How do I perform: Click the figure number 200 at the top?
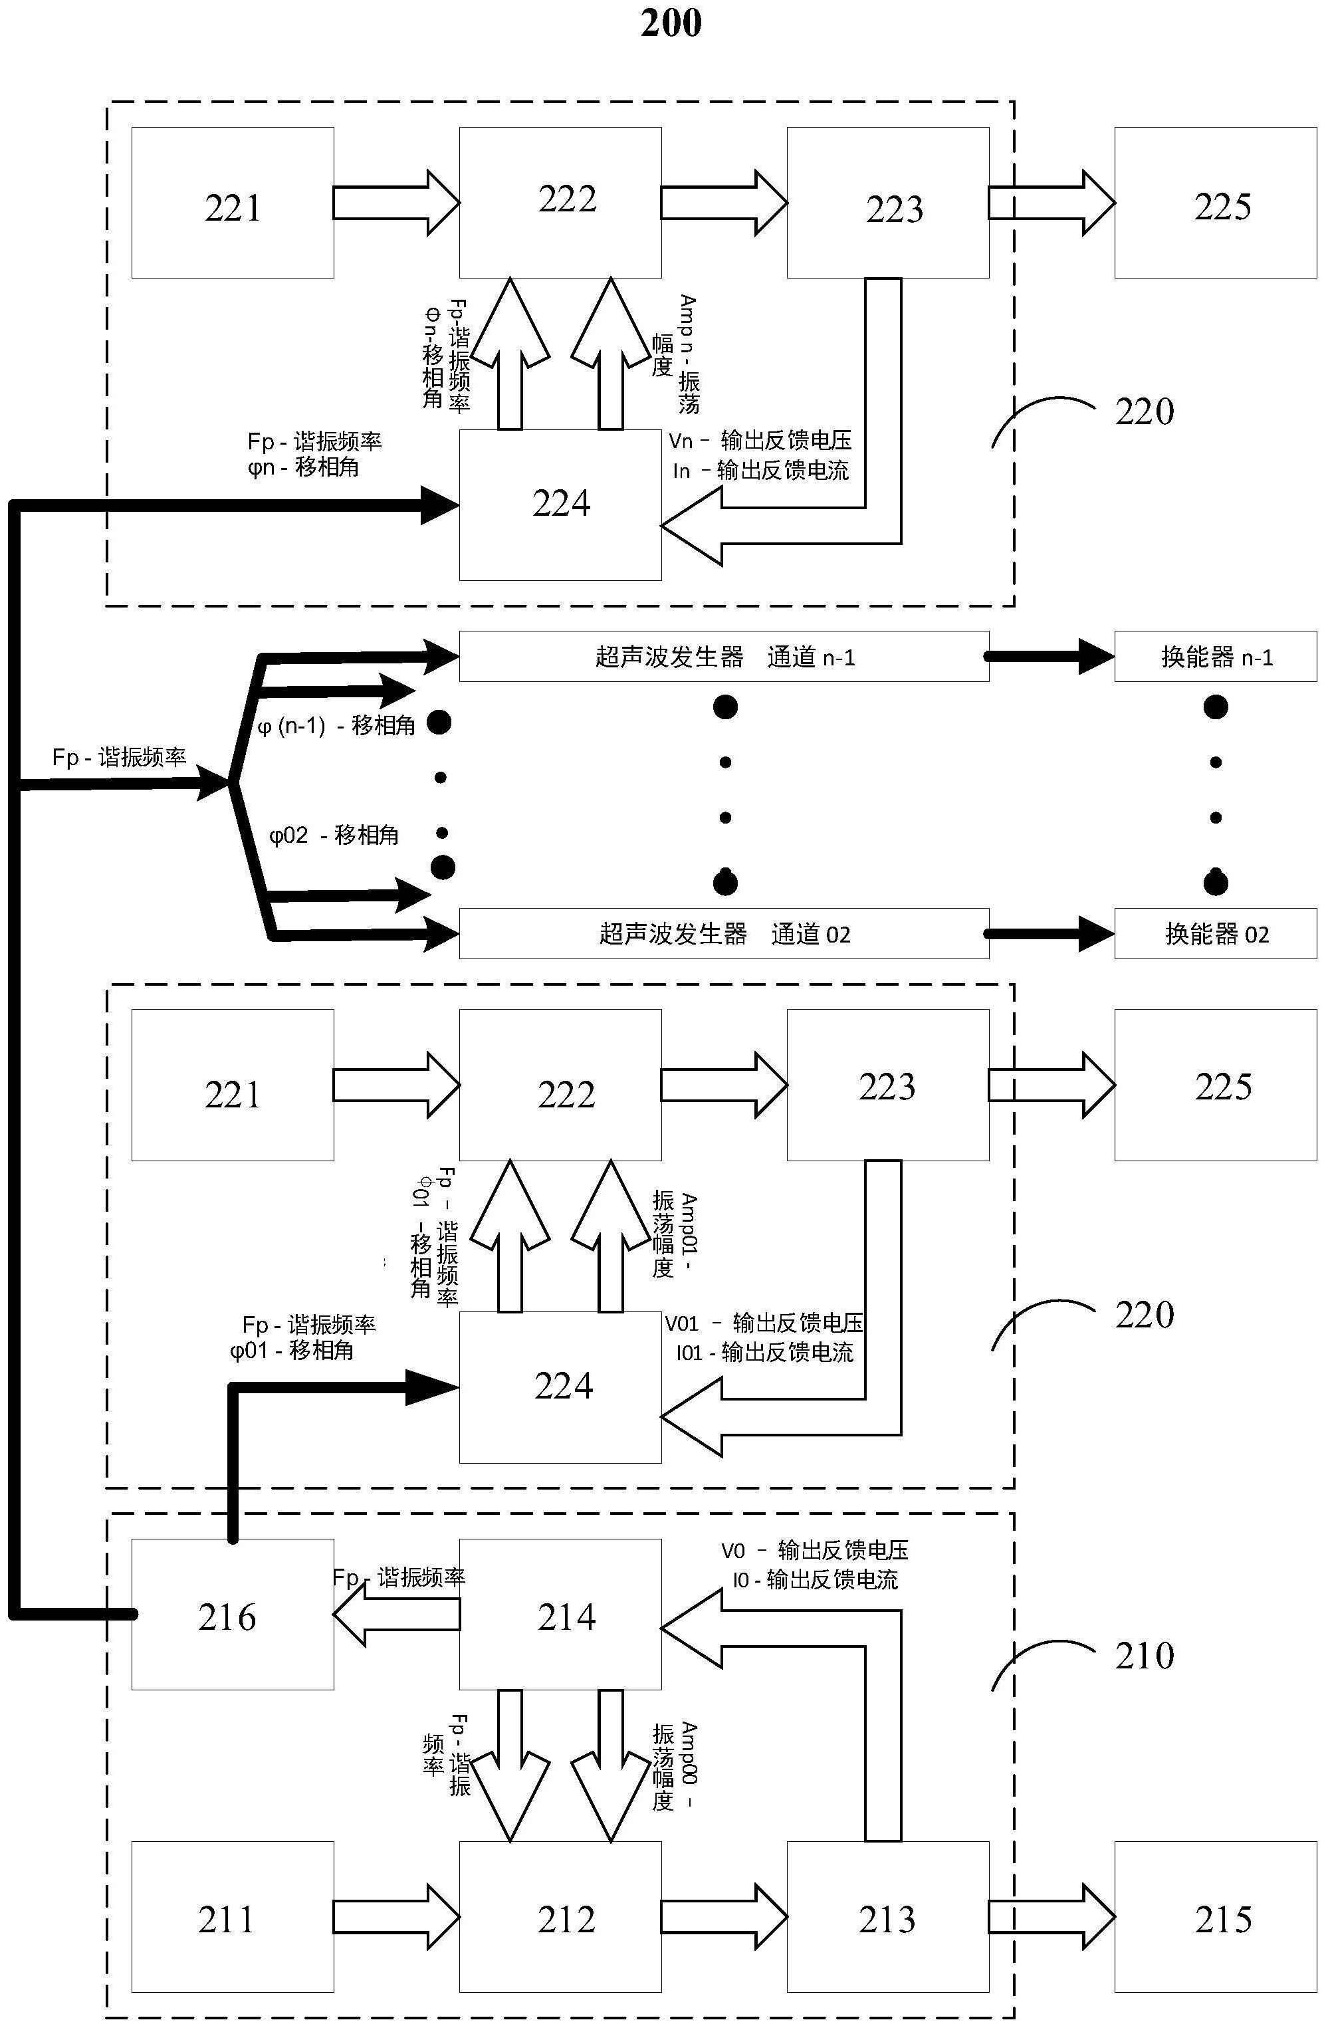point(671,23)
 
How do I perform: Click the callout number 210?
point(1144,1656)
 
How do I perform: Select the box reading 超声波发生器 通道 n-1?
point(724,657)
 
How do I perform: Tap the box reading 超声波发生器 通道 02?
point(724,934)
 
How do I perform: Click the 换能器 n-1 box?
point(1215,657)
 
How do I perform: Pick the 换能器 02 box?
point(1215,934)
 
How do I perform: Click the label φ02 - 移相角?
point(334,835)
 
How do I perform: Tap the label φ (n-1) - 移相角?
point(336,726)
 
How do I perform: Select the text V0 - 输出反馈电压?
point(814,1550)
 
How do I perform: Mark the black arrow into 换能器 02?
point(1051,934)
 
